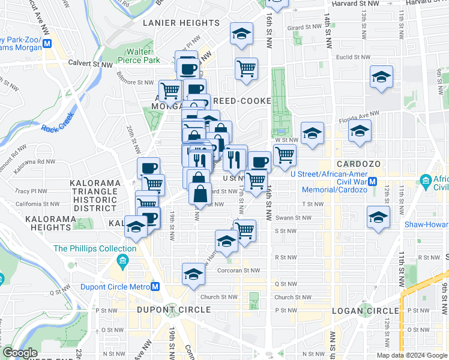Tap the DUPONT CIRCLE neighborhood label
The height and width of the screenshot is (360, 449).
click(173, 310)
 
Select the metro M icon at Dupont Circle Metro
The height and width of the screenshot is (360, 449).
click(155, 287)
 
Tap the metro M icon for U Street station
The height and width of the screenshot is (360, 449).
click(372, 181)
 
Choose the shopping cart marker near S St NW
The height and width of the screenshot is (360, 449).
click(244, 229)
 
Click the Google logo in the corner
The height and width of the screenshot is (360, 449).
click(20, 353)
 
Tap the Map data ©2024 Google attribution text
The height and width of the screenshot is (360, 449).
click(411, 355)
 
